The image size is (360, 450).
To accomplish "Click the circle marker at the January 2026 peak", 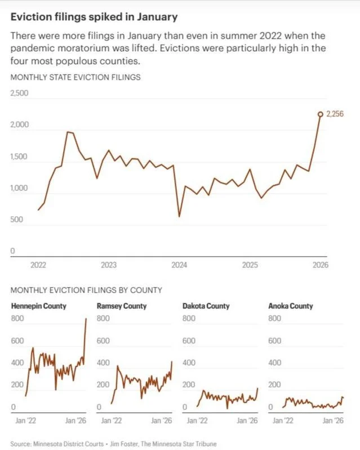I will point(321,114).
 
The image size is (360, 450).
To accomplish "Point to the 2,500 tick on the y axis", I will point(19,93).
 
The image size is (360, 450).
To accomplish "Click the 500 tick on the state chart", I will point(16,220).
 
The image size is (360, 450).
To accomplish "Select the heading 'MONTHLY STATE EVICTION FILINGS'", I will point(75,77).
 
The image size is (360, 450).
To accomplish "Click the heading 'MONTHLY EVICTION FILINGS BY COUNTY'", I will point(86,290).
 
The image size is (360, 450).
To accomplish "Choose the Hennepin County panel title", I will point(38,306).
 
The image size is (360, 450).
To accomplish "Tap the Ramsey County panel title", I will point(122,306).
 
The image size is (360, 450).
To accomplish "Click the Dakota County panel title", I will point(206,306).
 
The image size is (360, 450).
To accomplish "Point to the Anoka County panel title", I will point(291,306).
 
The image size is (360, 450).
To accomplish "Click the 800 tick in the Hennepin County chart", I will point(17,319).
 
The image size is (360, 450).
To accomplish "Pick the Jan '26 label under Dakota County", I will point(247,420).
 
